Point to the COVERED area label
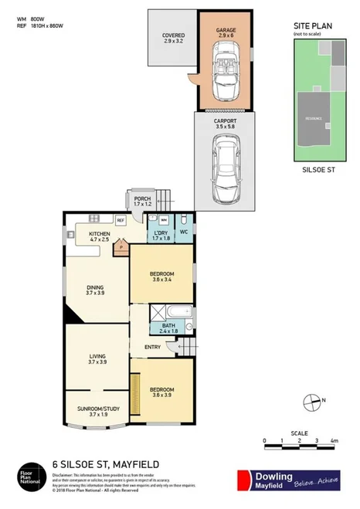click(x=173, y=36)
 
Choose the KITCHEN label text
click(x=100, y=234)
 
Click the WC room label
click(x=184, y=232)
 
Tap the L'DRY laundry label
click(x=161, y=232)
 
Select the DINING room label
click(x=95, y=289)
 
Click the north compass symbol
click(x=313, y=401)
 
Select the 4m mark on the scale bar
click(x=334, y=440)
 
